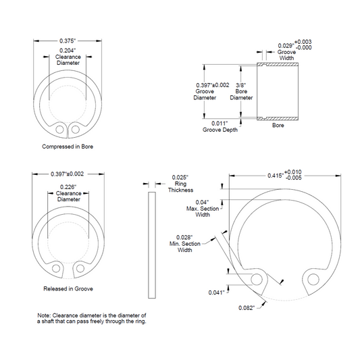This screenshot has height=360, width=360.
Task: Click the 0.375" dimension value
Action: pyautogui.click(x=68, y=41)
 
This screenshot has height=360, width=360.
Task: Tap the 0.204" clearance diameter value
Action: pyautogui.click(x=68, y=50)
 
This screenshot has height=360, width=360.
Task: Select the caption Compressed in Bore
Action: pyautogui.click(x=68, y=147)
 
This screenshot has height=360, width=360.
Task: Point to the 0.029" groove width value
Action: pyautogui.click(x=286, y=46)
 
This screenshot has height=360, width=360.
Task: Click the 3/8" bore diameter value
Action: pyautogui.click(x=241, y=85)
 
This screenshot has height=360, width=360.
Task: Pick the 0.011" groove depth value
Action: pyautogui.click(x=220, y=124)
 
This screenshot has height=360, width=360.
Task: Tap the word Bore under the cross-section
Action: pyautogui.click(x=278, y=126)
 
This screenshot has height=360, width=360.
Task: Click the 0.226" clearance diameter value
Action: pyautogui.click(x=68, y=187)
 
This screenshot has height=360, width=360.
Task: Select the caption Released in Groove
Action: pyautogui.click(x=68, y=288)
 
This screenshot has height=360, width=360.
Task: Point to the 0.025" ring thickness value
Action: pyautogui.click(x=180, y=178)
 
